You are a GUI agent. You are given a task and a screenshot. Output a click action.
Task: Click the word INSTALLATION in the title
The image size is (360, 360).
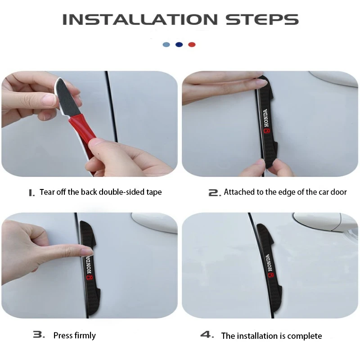[x=140, y=19]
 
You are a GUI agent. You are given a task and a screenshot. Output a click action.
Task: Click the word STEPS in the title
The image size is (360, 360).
[x=262, y=19]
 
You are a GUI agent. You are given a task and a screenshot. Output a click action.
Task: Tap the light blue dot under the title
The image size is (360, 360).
[x=166, y=45]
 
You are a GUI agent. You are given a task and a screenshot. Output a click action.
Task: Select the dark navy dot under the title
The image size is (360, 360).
[x=179, y=45]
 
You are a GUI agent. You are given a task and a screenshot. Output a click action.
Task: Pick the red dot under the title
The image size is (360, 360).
[x=192, y=45]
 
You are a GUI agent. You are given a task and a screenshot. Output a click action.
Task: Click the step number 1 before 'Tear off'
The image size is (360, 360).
[x=31, y=193]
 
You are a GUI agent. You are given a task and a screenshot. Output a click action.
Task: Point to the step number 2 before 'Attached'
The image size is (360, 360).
[x=215, y=193]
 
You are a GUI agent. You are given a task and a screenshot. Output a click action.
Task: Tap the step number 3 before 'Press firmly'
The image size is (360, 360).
[x=39, y=335]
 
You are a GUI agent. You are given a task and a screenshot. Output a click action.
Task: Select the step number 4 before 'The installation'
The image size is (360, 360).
[x=207, y=335]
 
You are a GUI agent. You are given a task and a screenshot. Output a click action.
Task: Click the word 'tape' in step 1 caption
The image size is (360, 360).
[x=154, y=192]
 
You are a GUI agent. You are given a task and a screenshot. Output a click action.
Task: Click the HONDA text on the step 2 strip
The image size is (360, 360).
[x=265, y=118]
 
